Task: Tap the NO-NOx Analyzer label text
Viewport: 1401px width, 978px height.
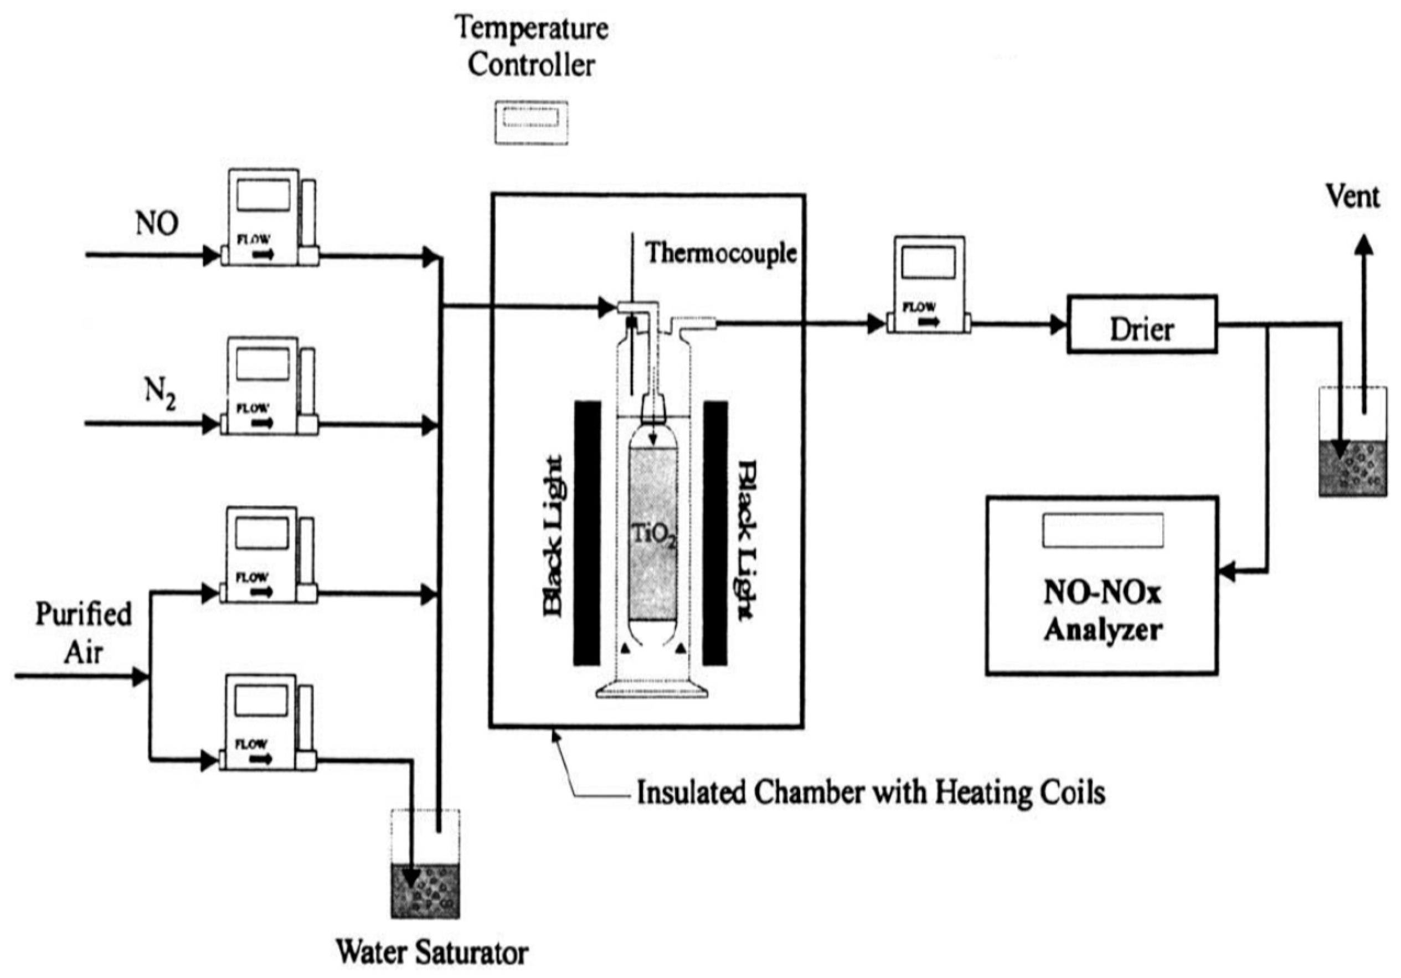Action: click(x=1102, y=611)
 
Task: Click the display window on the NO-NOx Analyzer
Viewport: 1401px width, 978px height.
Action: click(x=1102, y=529)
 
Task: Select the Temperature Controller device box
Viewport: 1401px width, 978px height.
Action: click(x=531, y=122)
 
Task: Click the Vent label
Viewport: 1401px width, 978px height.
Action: click(x=1352, y=197)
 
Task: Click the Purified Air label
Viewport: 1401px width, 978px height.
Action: click(x=84, y=632)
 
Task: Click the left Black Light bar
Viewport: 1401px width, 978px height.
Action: click(x=587, y=533)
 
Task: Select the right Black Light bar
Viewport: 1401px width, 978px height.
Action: click(x=715, y=533)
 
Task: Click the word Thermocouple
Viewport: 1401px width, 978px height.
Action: click(x=721, y=253)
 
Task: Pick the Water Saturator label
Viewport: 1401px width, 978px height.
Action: click(x=432, y=951)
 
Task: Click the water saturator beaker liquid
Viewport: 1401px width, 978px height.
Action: click(x=425, y=890)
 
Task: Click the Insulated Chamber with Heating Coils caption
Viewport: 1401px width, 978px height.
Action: click(x=871, y=792)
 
